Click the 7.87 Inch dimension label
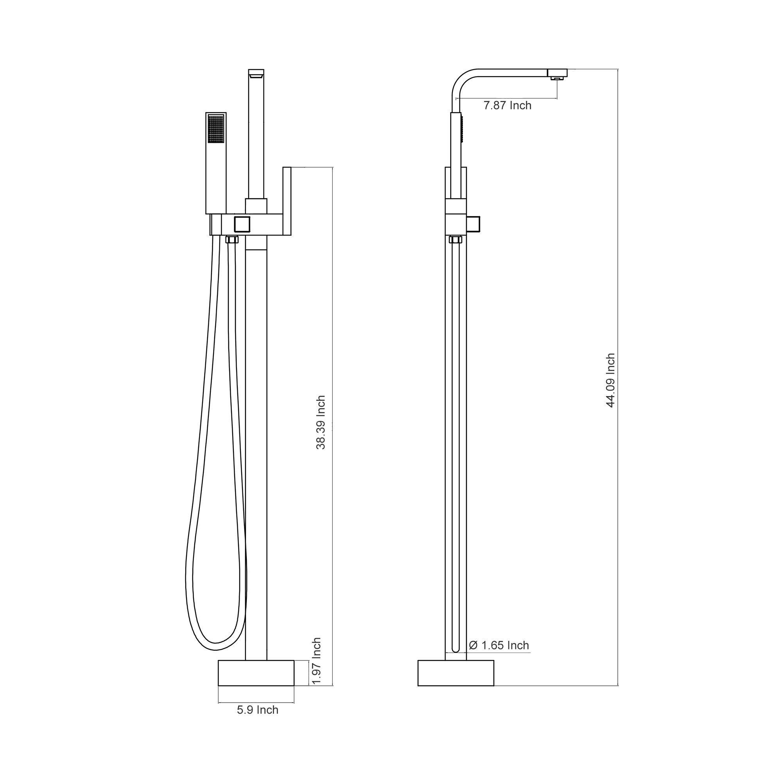point(507,106)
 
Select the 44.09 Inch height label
point(610,380)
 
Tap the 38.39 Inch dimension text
point(321,422)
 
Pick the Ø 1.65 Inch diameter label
point(499,645)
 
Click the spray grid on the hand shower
point(216,129)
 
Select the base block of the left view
point(256,673)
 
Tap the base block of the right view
point(456,673)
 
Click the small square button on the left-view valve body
point(242,224)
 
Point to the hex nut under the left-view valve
point(232,239)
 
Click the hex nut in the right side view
point(456,239)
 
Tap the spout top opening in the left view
point(256,73)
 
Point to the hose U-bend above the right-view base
point(456,649)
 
